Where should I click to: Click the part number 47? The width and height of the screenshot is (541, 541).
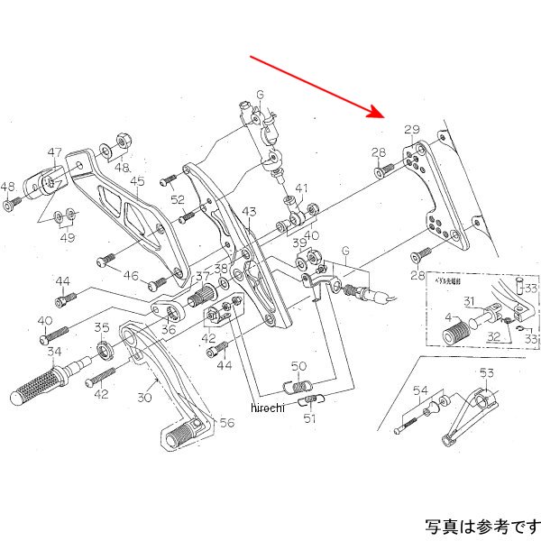[55, 152]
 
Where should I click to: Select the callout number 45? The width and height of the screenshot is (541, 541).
[137, 182]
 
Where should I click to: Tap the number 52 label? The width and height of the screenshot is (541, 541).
[178, 200]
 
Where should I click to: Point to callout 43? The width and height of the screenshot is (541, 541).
[249, 212]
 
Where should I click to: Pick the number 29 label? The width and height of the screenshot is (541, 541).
[412, 132]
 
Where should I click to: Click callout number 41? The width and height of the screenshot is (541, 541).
[301, 189]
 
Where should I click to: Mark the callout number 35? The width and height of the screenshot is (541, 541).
[102, 328]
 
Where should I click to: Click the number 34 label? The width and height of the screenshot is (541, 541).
[55, 352]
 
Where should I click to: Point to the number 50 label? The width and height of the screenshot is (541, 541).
[299, 366]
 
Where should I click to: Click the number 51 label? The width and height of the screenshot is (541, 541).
[310, 417]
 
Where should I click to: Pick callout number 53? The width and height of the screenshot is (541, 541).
[486, 373]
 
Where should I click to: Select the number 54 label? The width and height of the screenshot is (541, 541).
[421, 390]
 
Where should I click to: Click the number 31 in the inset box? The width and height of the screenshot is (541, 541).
[470, 301]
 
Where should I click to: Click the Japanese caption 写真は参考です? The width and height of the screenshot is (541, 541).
[482, 525]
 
